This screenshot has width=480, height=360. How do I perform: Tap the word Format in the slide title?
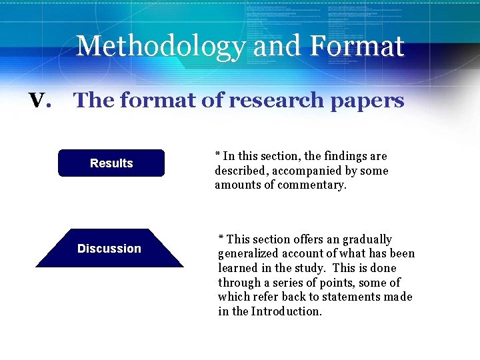[357, 47]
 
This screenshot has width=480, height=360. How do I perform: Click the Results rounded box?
[111, 163]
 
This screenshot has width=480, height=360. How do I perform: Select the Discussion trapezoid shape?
[109, 249]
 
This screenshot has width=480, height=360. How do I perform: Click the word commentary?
[313, 185]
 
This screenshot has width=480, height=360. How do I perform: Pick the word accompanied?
[301, 171]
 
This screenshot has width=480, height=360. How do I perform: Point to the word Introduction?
[287, 311]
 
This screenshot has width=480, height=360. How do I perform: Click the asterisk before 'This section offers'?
[221, 237]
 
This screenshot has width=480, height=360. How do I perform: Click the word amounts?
[237, 185]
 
